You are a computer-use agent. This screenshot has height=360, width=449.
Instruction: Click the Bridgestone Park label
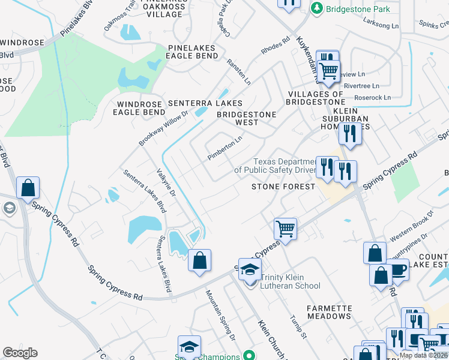click(357, 9)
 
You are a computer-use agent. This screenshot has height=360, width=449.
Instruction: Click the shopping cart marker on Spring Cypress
click(285, 229)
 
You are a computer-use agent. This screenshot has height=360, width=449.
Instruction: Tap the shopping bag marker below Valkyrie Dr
click(200, 261)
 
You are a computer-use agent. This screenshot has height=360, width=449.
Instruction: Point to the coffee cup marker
click(397, 270)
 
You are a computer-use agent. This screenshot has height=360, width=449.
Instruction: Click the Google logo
click(20, 353)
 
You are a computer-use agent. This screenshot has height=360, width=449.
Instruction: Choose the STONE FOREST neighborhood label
click(283, 187)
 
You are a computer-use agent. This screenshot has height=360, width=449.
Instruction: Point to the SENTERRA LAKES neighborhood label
click(205, 103)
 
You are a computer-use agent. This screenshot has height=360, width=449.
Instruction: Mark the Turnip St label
click(298, 328)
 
